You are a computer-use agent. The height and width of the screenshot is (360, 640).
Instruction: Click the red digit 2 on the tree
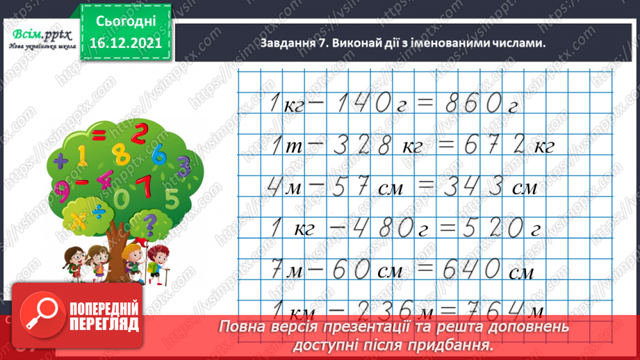[140, 133]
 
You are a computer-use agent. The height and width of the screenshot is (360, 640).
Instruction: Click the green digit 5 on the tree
[172, 199]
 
